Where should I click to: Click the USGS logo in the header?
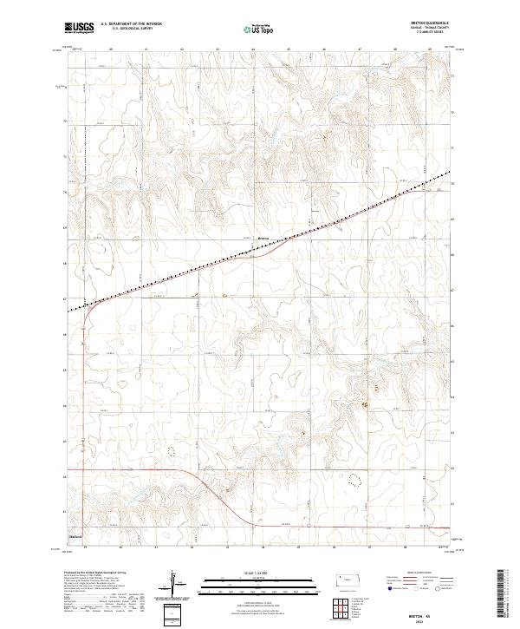tap(80, 27)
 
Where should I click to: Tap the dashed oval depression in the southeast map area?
tap(354, 478)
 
